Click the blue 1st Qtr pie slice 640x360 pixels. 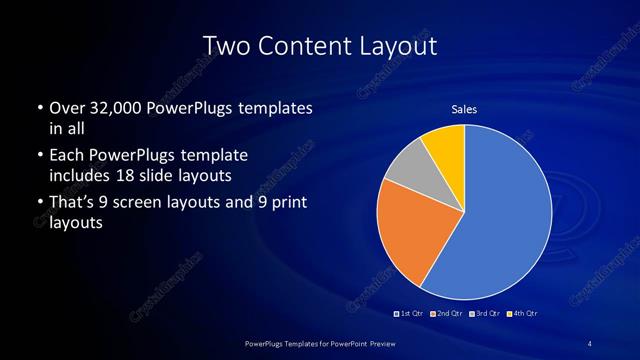505,220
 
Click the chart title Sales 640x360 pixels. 464,108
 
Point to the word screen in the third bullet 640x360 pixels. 151,203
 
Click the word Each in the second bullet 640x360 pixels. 68,156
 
